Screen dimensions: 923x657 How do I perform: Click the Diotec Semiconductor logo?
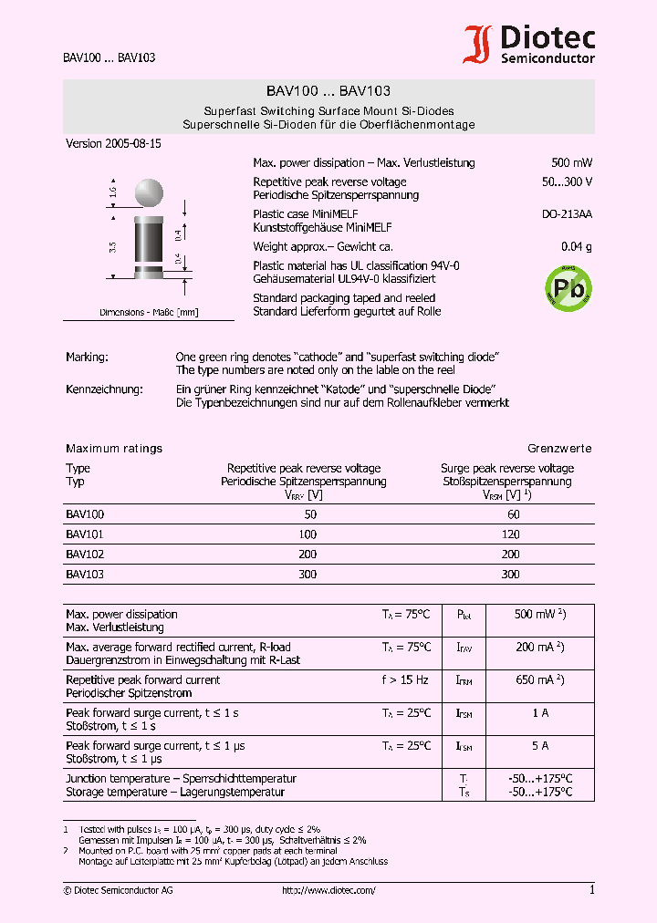point(530,45)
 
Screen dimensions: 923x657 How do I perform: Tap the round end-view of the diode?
point(149,192)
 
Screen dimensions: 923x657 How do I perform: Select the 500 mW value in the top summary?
point(571,163)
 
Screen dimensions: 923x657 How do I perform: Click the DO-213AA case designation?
point(567,214)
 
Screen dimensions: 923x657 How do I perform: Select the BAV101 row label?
point(85,534)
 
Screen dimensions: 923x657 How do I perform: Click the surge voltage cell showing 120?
point(510,534)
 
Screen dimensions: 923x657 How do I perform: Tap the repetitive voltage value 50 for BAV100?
point(310,514)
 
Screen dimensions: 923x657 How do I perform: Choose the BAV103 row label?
point(85,575)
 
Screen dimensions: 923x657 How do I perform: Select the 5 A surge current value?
point(539,746)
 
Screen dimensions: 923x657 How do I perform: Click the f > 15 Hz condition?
point(405,680)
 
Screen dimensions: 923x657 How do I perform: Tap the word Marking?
point(87,358)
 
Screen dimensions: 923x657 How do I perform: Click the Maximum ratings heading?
point(114,449)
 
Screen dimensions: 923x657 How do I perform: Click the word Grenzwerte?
point(559,449)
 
